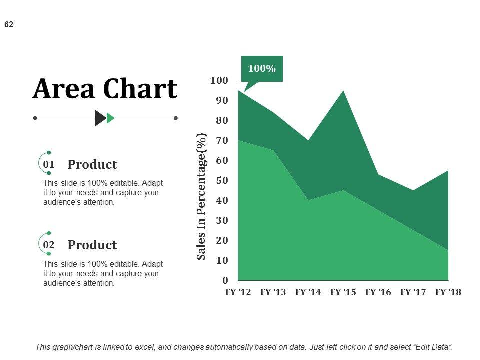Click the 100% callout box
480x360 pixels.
pyautogui.click(x=262, y=69)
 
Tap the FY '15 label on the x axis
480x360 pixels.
pyautogui.click(x=343, y=292)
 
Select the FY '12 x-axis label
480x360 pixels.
pyautogui.click(x=238, y=292)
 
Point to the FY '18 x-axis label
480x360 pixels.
pyautogui.click(x=448, y=292)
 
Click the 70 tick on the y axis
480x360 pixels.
pyautogui.click(x=222, y=141)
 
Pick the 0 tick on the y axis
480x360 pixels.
pyautogui.click(x=225, y=281)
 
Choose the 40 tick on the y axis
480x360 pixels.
pyautogui.click(x=222, y=201)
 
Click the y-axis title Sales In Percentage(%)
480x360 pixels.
pyautogui.click(x=201, y=196)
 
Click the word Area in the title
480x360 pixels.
pyautogui.click(x=64, y=90)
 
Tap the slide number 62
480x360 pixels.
pyautogui.click(x=9, y=24)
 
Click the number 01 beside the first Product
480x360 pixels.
pyautogui.click(x=49, y=164)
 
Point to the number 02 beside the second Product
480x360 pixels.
pyautogui.click(x=49, y=245)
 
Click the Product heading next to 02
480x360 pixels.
pyautogui.click(x=92, y=245)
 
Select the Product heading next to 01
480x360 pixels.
pyautogui.click(x=92, y=165)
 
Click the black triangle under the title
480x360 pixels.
pyautogui.click(x=100, y=118)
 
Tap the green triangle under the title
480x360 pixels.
pyautogui.click(x=110, y=118)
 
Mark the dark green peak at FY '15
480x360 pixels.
pyautogui.click(x=343, y=92)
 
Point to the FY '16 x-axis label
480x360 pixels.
pyautogui.click(x=378, y=292)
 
